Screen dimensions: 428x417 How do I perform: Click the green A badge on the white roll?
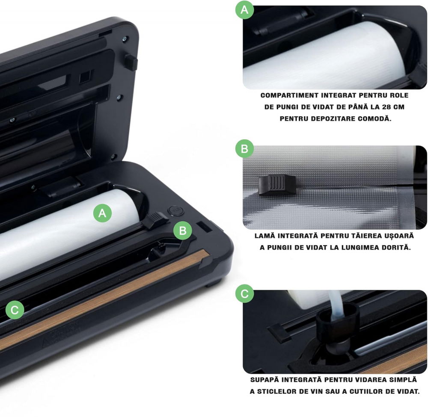pyautogui.click(x=102, y=213)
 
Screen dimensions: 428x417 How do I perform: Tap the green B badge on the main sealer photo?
pyautogui.click(x=183, y=231)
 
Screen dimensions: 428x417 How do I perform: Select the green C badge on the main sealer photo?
pyautogui.click(x=15, y=310)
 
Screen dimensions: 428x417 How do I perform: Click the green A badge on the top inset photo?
pyautogui.click(x=244, y=10)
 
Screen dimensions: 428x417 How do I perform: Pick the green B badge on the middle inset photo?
pyautogui.click(x=244, y=149)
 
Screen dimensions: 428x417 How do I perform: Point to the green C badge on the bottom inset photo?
pyautogui.click(x=244, y=294)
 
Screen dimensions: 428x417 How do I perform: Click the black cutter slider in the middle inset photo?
pyautogui.click(x=277, y=185)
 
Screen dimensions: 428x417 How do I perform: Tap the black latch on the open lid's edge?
pyautogui.click(x=131, y=62)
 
